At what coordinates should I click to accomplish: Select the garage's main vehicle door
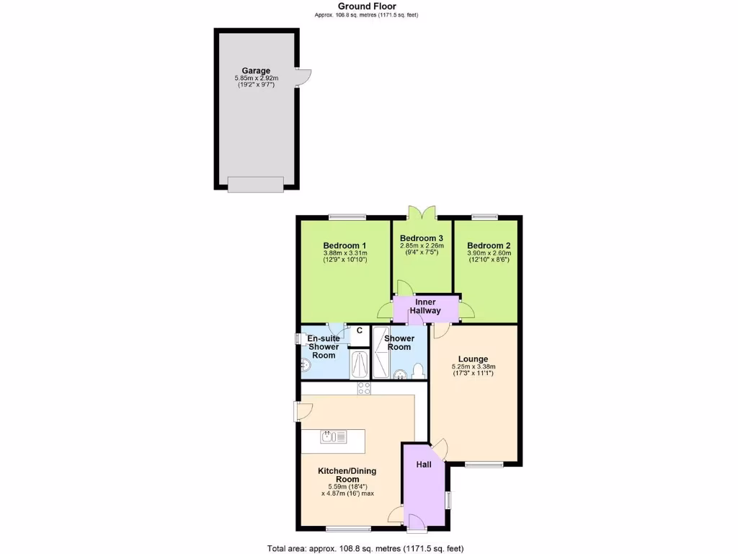point(256,185)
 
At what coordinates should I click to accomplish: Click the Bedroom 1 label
point(345,245)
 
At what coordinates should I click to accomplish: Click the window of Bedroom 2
point(485,216)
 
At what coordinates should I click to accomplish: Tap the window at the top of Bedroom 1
point(347,216)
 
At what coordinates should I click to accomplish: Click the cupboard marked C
point(358,332)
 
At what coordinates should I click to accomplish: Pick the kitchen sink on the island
point(334,436)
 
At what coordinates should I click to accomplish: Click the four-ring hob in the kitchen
point(365,389)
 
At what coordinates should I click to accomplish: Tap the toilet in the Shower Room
point(418,371)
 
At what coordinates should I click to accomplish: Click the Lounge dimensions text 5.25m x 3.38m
point(474,366)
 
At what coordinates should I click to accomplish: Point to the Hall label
point(424,465)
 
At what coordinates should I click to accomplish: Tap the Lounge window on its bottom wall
point(484,464)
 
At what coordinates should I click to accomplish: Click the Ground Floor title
point(367,6)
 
